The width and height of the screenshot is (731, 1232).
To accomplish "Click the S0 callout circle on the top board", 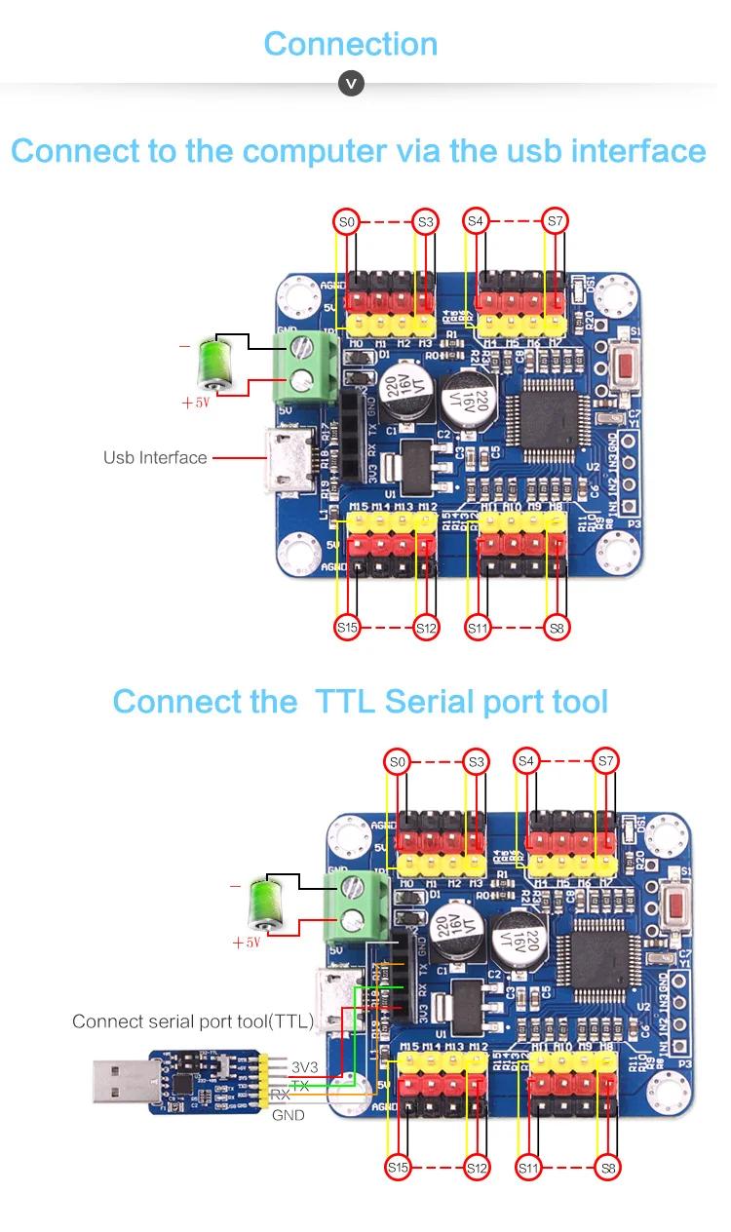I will [347, 222].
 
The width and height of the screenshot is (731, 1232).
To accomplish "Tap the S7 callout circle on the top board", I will [555, 222].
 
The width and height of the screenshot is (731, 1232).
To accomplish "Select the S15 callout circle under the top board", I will [347, 628].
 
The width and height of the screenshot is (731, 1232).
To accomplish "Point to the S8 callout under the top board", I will [557, 628].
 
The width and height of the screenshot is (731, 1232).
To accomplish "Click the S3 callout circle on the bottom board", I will [477, 761].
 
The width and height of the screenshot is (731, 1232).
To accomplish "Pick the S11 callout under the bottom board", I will [528, 1167].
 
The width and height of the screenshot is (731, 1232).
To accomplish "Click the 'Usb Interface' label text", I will [155, 457].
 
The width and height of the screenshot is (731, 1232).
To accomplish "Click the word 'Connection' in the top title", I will [351, 44].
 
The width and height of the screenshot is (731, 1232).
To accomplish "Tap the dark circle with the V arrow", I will [351, 84].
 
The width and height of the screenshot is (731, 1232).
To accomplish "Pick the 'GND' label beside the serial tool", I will [289, 1115].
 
